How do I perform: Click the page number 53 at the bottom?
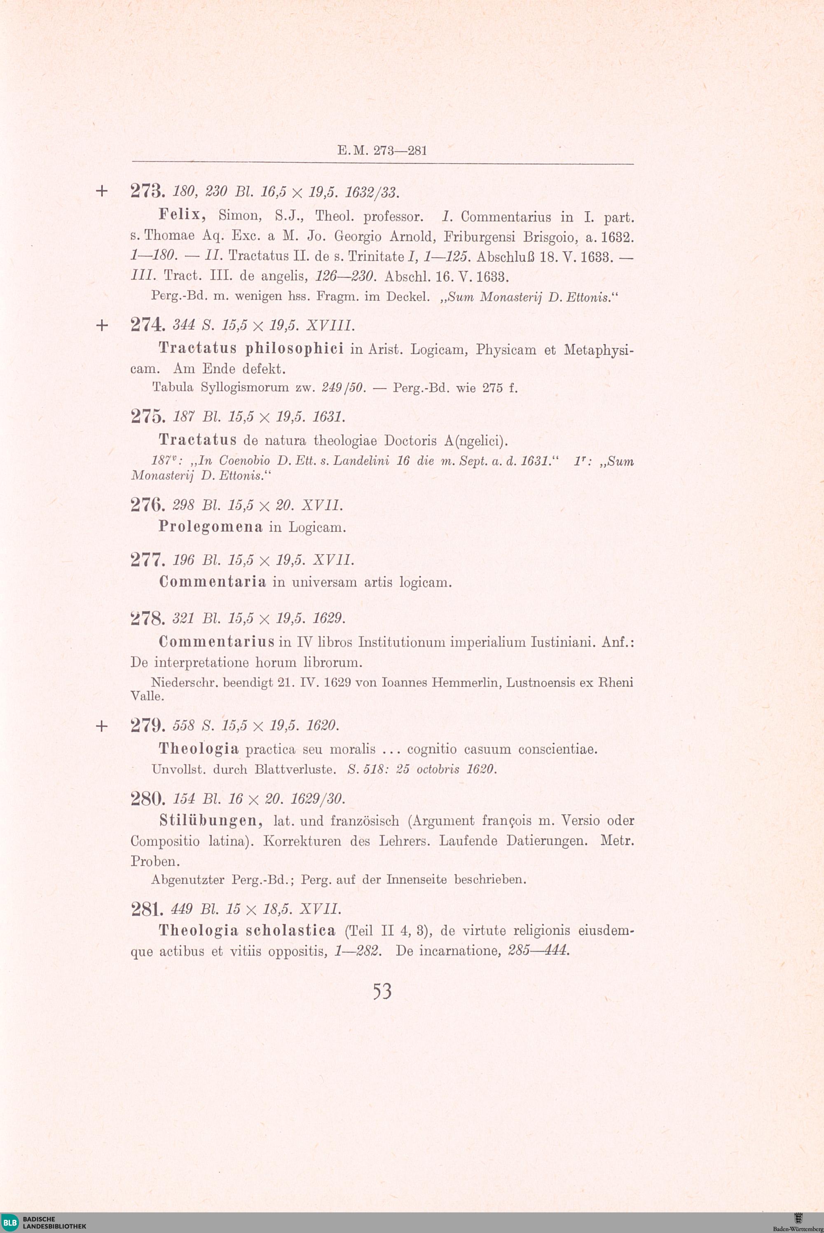[382, 991]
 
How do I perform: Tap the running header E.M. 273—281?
[382, 151]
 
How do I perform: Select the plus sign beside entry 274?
[102, 326]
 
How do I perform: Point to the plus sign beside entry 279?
[102, 726]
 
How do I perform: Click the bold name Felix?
[181, 216]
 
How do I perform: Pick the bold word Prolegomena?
[210, 527]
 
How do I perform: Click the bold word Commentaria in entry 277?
[212, 582]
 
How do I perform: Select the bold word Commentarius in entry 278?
[217, 642]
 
